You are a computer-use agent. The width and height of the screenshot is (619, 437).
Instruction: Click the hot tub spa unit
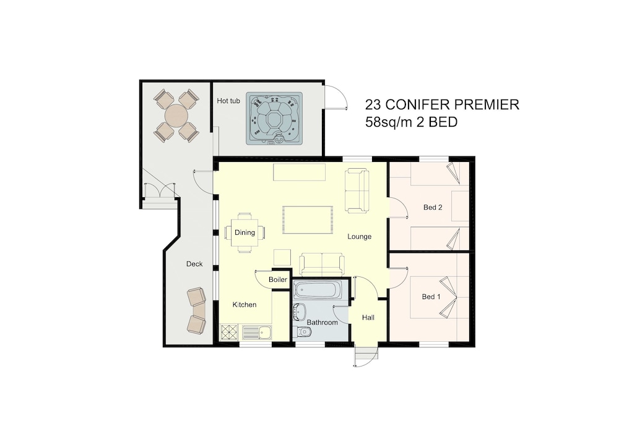(274, 118)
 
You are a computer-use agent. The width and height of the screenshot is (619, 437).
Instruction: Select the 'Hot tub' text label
(228, 101)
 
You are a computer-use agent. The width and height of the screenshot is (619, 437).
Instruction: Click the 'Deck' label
(194, 264)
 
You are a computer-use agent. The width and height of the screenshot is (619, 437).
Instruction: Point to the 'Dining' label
(245, 232)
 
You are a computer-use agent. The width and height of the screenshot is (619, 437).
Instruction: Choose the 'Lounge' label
(359, 237)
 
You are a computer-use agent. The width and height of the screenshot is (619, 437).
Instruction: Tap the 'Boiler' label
(278, 279)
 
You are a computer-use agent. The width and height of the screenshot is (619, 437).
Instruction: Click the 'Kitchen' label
(245, 305)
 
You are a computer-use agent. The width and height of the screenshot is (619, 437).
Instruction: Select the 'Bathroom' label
(322, 322)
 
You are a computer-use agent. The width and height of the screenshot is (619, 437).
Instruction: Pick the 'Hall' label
(368, 317)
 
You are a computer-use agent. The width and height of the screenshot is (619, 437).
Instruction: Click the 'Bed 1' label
(431, 297)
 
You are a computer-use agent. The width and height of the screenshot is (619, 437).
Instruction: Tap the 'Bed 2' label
(433, 207)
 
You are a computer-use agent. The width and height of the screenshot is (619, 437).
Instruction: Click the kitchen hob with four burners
(229, 332)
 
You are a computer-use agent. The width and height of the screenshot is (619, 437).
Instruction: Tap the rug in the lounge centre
(308, 219)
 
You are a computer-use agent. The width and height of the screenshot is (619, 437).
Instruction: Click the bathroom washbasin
(299, 312)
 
